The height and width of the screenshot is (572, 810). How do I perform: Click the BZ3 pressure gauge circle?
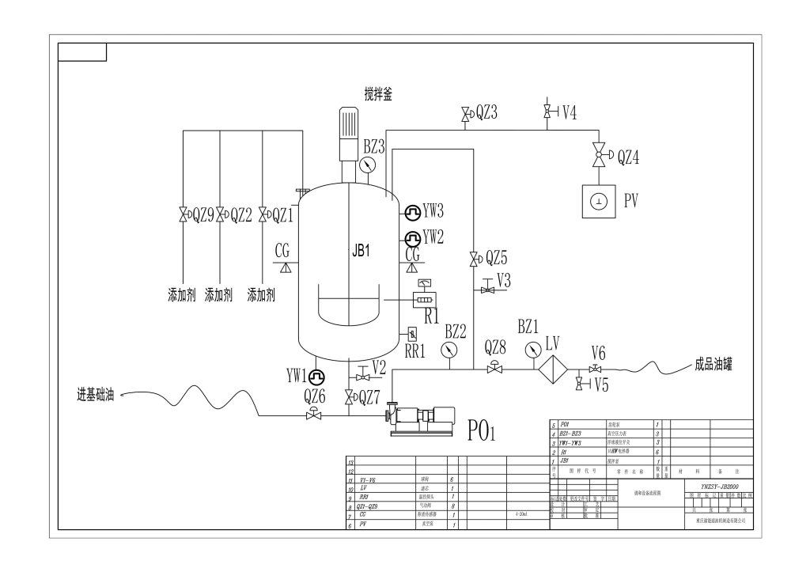pyautogui.click(x=367, y=165)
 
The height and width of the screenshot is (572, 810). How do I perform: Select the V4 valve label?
pyautogui.click(x=569, y=112)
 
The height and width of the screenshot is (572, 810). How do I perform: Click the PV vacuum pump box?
pyautogui.click(x=600, y=202)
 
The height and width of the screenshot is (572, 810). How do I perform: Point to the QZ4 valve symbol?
pyautogui.click(x=600, y=157)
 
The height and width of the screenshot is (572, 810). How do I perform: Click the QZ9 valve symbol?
pyautogui.click(x=184, y=214)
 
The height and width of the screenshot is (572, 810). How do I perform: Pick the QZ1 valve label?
pyautogui.click(x=283, y=214)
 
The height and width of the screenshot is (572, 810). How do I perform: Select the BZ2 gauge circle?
pyautogui.click(x=449, y=349)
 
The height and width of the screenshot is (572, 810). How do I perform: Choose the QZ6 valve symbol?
pyautogui.click(x=315, y=415)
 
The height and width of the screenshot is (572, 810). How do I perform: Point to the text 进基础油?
pyautogui.click(x=94, y=393)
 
